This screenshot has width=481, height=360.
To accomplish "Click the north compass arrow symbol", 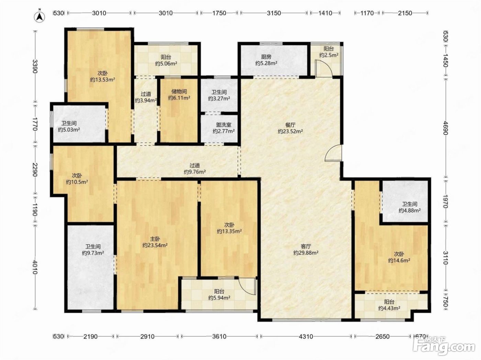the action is coord(40,16).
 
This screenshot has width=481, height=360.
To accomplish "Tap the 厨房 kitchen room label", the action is coord(266,57).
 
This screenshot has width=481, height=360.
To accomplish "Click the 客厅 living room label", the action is coord(306,246).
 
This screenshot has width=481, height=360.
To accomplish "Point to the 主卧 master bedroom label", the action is coord(155,239).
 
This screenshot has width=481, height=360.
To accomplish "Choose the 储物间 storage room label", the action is coord(179,91).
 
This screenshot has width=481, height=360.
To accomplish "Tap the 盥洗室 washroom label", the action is coord(224,125).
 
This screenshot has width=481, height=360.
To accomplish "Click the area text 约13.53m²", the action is coord(102,79).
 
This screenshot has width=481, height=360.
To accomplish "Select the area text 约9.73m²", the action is coord(93,253).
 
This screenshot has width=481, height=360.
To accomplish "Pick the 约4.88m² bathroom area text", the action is coord(409,210).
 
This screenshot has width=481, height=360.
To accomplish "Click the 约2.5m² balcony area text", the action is coord(328,55).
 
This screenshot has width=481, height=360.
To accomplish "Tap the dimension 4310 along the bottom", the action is coord(306,336).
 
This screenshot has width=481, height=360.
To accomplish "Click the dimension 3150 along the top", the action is coord(274,13).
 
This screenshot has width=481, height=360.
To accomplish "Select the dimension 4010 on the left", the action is coord(35,267).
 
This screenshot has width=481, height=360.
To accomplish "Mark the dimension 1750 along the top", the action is coord(219,13).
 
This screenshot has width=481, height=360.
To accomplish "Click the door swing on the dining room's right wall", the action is coord(333,153).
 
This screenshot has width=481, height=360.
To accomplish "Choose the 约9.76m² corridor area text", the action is coord(194,172).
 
